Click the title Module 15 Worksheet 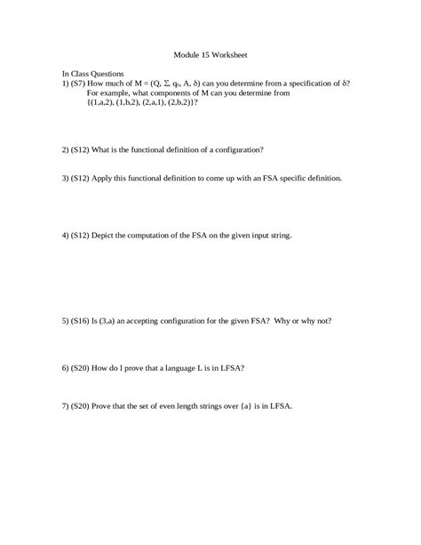pyautogui.click(x=210, y=52)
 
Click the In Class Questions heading pyautogui.click(x=92, y=73)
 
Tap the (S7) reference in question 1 pyautogui.click(x=82, y=83)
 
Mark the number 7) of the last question pyautogui.click(x=66, y=405)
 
